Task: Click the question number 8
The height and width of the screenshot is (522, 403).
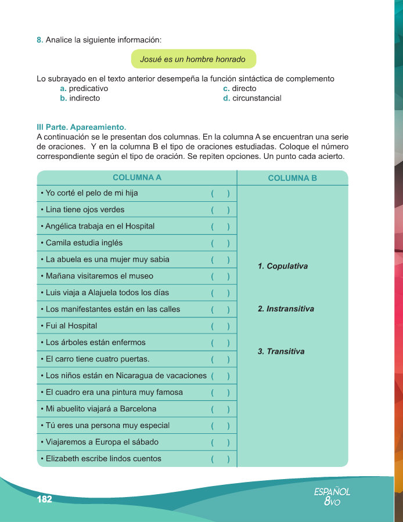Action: [39, 40]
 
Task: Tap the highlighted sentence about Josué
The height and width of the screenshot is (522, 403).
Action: [193, 59]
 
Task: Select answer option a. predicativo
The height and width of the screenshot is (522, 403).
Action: [84, 89]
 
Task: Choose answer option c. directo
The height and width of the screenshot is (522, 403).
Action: [239, 89]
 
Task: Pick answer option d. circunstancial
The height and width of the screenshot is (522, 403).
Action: [252, 98]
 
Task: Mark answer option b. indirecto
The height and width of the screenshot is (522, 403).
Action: [80, 98]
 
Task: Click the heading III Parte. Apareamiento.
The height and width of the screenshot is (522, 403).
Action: [81, 126]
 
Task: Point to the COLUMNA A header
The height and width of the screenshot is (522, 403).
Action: [137, 177]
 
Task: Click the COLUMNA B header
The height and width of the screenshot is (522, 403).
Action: [293, 178]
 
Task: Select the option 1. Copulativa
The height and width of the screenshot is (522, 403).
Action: [283, 266]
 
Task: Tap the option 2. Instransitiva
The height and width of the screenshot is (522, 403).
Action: [286, 309]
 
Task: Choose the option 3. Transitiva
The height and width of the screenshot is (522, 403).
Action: [281, 351]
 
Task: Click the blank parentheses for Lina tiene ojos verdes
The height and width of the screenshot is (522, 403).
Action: [220, 210]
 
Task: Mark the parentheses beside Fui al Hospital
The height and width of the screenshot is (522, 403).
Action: [220, 326]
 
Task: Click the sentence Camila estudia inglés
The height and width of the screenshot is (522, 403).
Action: [81, 242]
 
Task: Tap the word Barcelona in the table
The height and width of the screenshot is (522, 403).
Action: [136, 408]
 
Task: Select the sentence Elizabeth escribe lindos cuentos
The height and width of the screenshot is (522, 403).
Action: [100, 458]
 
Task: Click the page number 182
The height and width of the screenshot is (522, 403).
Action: [45, 499]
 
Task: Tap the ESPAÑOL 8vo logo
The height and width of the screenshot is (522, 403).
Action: [332, 496]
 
